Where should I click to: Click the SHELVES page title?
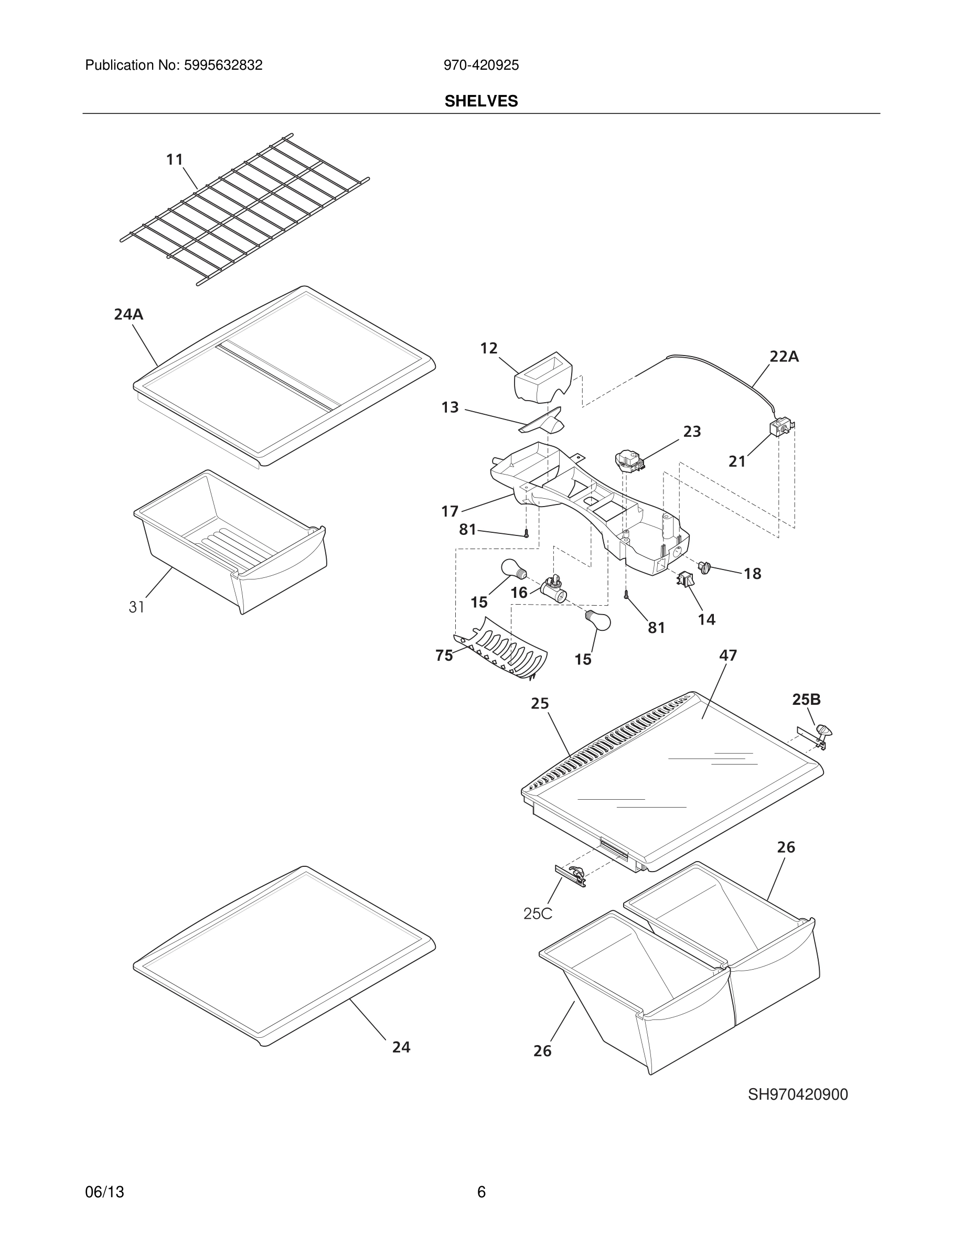481,101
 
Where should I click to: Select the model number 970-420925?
481,66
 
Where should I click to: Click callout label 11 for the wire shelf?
175,160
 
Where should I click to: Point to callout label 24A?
129,314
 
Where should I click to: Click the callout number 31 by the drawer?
136,607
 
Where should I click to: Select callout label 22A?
784,357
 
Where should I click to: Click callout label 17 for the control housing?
450,511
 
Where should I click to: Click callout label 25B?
806,700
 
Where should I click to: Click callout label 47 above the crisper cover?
728,656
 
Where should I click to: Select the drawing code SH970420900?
798,1094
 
